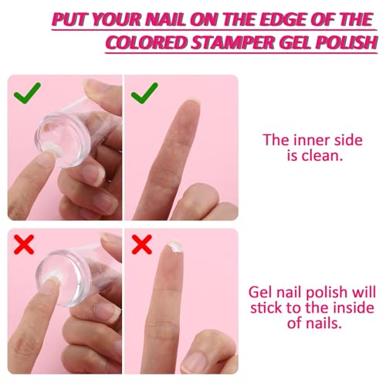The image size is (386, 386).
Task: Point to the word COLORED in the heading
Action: point(147,42)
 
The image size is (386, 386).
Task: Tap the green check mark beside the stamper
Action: point(27,93)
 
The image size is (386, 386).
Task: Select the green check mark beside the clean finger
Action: point(144,93)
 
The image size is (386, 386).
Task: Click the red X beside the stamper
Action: point(24,244)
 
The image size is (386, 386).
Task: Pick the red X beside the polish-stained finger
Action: point(141,244)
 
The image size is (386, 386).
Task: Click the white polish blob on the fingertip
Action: point(175,246)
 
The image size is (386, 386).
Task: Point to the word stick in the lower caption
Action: point(266,308)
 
